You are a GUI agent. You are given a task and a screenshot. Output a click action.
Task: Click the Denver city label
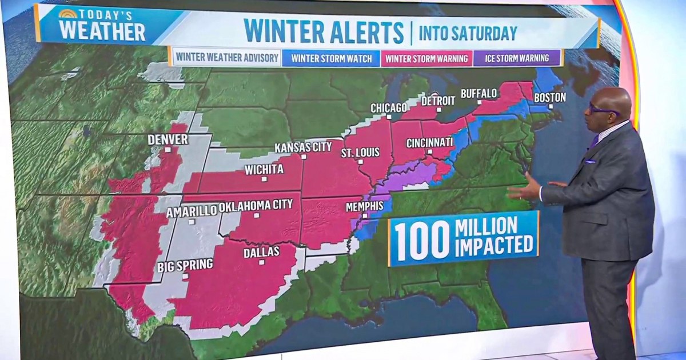click(167, 139)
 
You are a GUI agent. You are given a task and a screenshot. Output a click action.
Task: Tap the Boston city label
click(549, 97)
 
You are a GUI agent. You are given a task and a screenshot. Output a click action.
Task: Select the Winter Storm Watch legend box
click(331, 58)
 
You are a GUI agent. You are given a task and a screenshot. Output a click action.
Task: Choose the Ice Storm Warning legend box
click(517, 58)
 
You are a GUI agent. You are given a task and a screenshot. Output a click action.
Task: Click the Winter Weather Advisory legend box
click(227, 58)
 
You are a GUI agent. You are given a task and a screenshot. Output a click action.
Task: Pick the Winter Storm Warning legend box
click(426, 58)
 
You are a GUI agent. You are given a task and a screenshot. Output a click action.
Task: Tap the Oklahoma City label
click(256, 205)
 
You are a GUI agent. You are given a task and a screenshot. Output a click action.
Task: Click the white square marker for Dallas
click(261, 262)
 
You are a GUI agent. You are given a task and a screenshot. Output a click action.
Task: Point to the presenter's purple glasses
click(603, 109)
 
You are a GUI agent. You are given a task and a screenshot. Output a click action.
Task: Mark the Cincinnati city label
click(429, 142)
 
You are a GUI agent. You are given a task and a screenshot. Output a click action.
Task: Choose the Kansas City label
click(303, 147)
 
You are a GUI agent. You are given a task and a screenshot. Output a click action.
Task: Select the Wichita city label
click(264, 169)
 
